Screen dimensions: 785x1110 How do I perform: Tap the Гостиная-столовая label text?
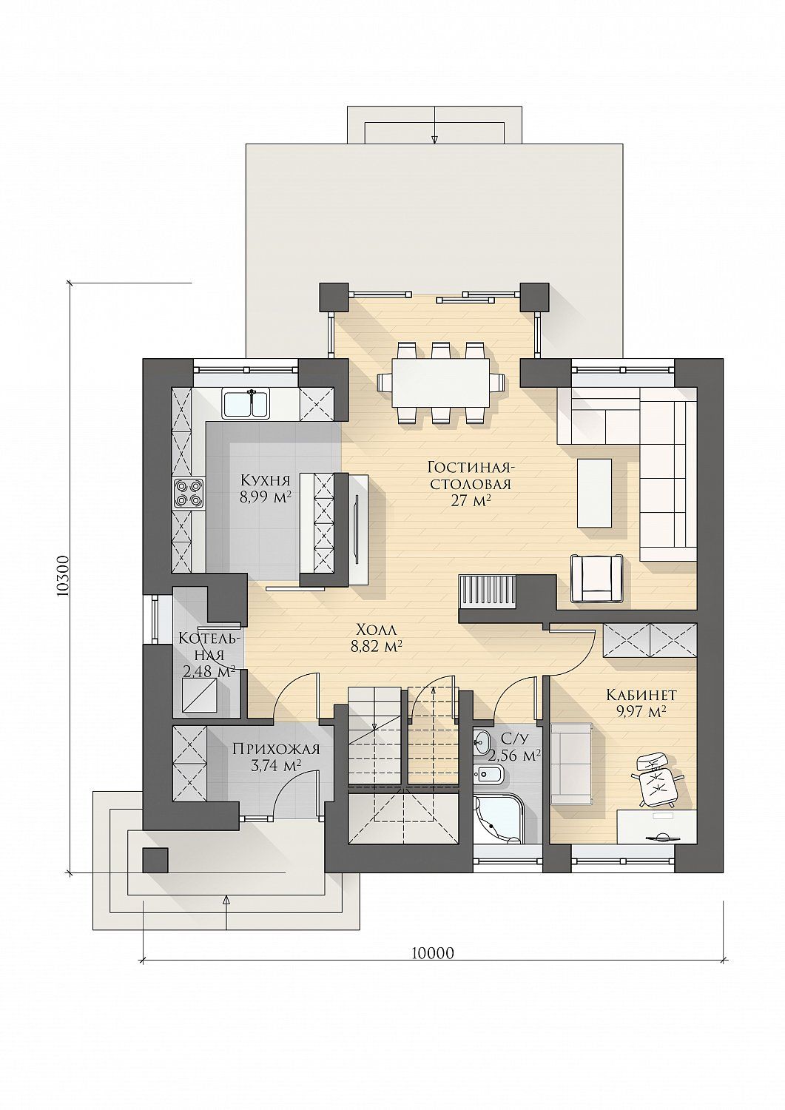pyautogui.click(x=469, y=475)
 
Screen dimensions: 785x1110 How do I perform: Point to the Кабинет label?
pyautogui.click(x=641, y=695)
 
